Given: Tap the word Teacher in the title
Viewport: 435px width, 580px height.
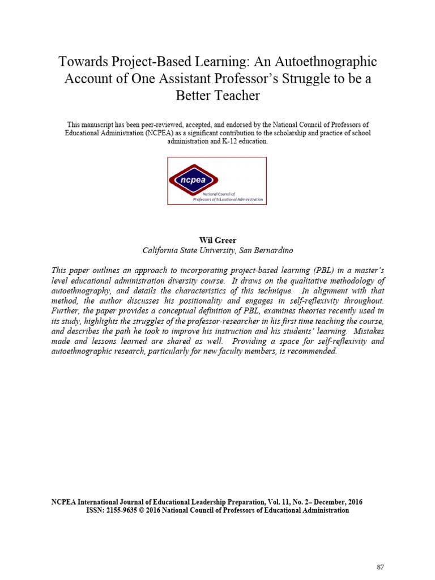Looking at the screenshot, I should pyautogui.click(x=236, y=95).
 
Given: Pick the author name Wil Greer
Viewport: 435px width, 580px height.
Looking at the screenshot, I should pyautogui.click(x=217, y=240).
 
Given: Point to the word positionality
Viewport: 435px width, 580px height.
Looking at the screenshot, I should pyautogui.click(x=209, y=301).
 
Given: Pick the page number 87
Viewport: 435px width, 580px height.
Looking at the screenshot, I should pyautogui.click(x=381, y=567).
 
